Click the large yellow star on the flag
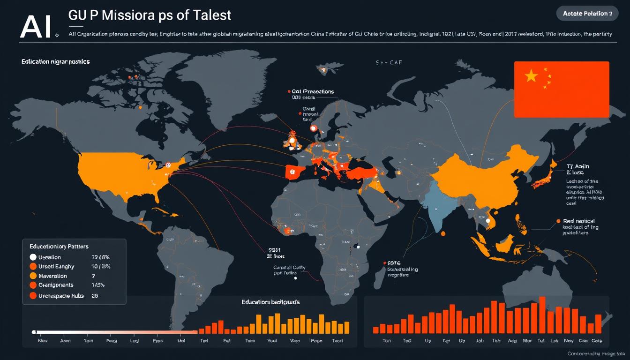pyautogui.click(x=531, y=76)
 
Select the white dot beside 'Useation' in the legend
pyautogui.click(x=33, y=257)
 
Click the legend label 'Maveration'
pyautogui.click(x=52, y=276)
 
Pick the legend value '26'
pyautogui.click(x=95, y=296)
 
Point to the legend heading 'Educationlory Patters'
pyautogui.click(x=59, y=246)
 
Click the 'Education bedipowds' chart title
pyautogui.click(x=270, y=302)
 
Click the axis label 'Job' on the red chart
pyautogui.click(x=479, y=341)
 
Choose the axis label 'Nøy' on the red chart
pyautogui.click(x=569, y=341)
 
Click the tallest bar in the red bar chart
pyautogui.click(x=542, y=315)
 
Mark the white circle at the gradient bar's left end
pyautogui.click(x=33, y=332)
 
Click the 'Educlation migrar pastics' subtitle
pyautogui.click(x=55, y=61)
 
